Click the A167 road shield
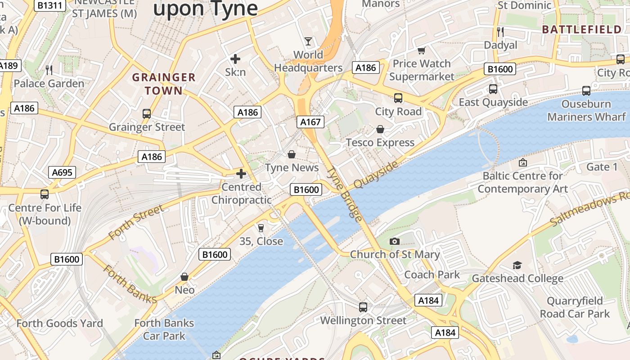pos(310,121)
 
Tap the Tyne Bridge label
pos(345,194)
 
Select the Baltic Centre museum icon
pos(523,162)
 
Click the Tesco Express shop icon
pos(380,130)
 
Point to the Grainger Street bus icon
pos(147,114)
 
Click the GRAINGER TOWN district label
pos(164,84)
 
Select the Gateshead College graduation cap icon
pos(517,265)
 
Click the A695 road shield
pos(62,172)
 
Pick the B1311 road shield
pos(50,5)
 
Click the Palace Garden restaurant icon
pos(49,70)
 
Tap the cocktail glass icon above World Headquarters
pos(308,41)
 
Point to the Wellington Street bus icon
pos(363,307)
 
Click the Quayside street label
pos(376,175)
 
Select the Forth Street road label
pos(136,222)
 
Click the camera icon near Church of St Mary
pos(395,242)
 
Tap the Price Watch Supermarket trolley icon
pos(422,50)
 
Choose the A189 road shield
pos(9,66)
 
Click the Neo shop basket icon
pos(184,277)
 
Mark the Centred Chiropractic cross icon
pos(241,174)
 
